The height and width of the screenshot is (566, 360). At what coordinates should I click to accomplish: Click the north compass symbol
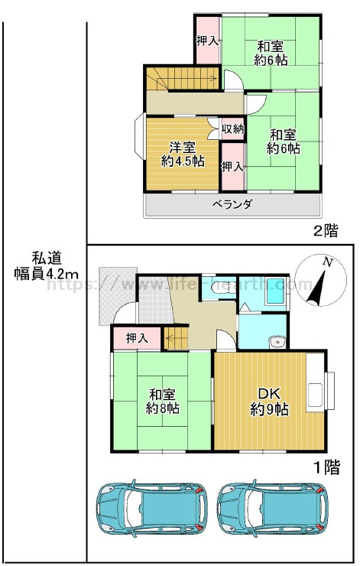click(x=321, y=281)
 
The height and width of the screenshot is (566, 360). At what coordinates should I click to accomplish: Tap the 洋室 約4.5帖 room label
click(x=183, y=155)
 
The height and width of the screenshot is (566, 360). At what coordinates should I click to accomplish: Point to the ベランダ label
click(x=232, y=205)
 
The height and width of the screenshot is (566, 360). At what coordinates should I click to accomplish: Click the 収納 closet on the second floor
click(x=232, y=128)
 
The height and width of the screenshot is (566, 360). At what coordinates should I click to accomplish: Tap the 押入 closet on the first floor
click(x=137, y=339)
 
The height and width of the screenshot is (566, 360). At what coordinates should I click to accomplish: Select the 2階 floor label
click(x=326, y=230)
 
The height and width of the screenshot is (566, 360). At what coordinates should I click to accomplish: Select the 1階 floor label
click(x=327, y=468)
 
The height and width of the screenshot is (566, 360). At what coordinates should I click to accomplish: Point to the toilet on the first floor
click(x=219, y=288)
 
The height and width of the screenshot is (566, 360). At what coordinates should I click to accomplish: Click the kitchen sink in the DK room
click(x=316, y=396)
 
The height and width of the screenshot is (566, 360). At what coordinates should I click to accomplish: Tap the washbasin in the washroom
click(x=277, y=341)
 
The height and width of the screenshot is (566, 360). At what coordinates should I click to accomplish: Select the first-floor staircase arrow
click(x=177, y=338)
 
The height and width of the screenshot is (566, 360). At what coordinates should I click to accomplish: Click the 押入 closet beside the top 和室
click(x=207, y=41)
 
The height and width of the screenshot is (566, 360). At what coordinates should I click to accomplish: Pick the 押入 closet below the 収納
click(x=232, y=167)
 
